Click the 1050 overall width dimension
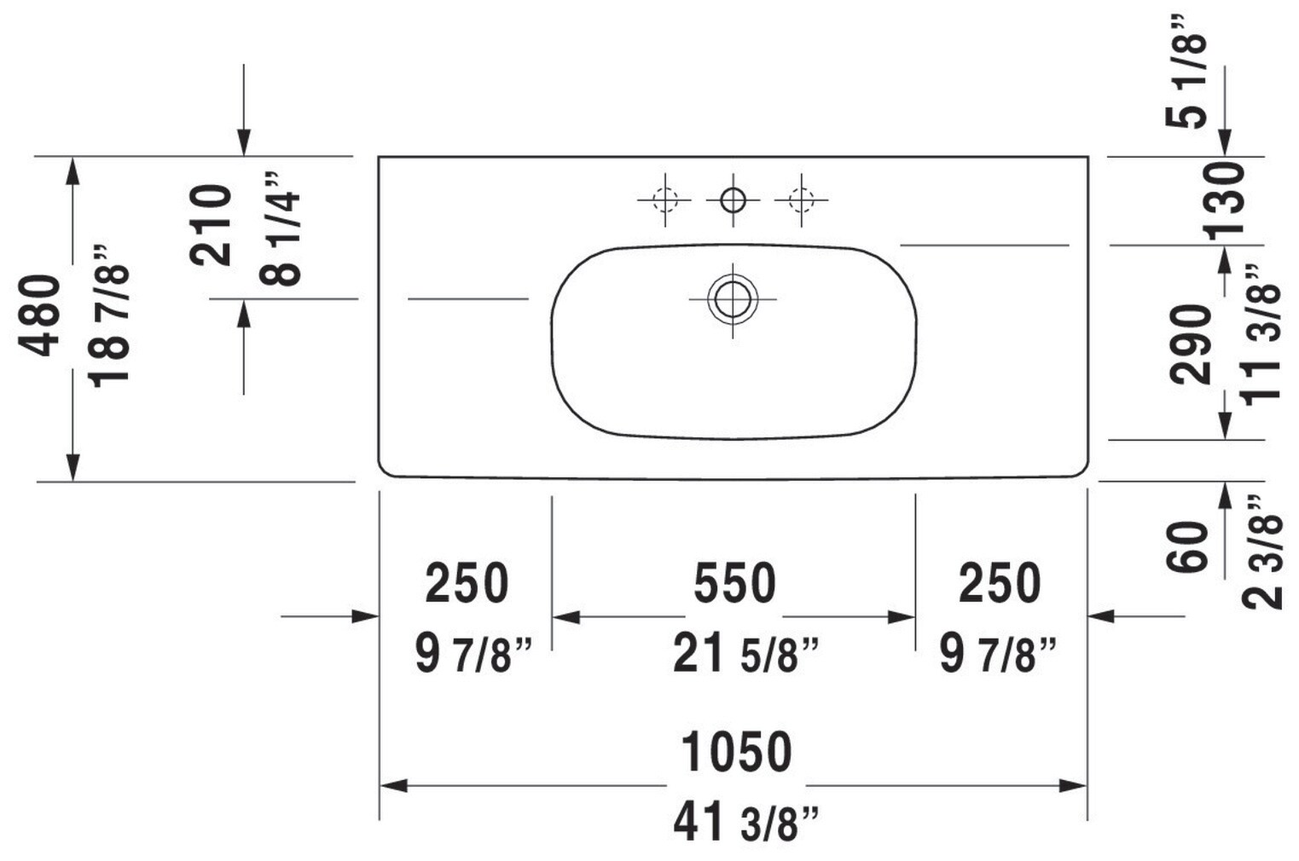(x=736, y=752)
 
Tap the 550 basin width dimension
(x=734, y=583)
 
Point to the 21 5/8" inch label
(x=745, y=655)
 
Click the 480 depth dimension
(x=41, y=315)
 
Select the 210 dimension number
(x=211, y=225)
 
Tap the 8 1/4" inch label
(x=282, y=228)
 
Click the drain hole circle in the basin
(x=732, y=299)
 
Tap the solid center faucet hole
(x=732, y=200)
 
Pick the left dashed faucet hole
(x=664, y=200)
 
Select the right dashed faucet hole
(x=800, y=200)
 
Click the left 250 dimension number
(x=467, y=583)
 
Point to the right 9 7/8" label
(x=998, y=655)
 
